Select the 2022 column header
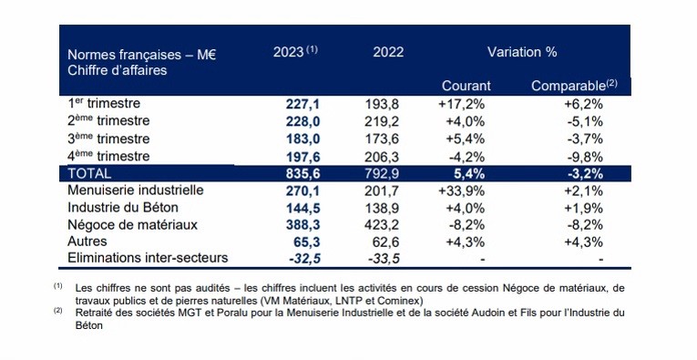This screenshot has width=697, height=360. point(388,52)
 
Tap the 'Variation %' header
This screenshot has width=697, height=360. point(522,52)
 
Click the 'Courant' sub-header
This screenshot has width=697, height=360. point(466,86)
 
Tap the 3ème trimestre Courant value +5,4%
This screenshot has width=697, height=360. point(466,139)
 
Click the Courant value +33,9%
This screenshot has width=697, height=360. point(465,190)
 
